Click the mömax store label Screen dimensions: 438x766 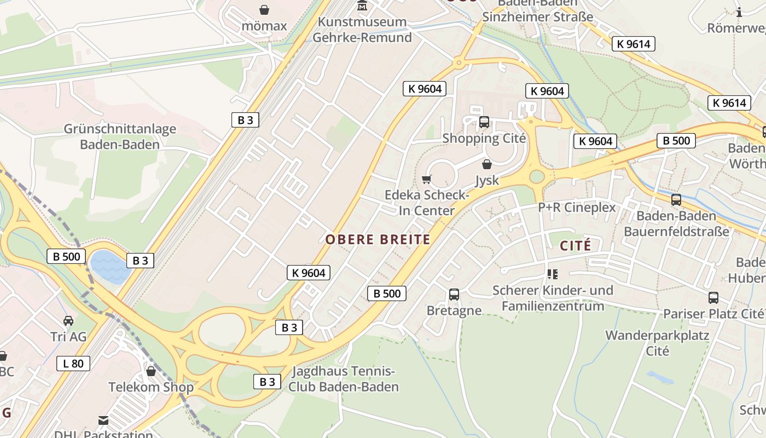pyautogui.click(x=264, y=26)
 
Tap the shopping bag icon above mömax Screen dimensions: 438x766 pyautogui.click(x=264, y=9)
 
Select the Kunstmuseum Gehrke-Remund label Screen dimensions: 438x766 pyautogui.click(x=362, y=30)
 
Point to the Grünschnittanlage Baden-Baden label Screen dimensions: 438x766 pyautogui.click(x=120, y=137)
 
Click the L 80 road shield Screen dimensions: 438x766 pyautogui.click(x=73, y=363)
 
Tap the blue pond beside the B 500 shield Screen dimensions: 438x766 pyautogui.click(x=111, y=266)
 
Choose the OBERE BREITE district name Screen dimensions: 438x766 pyautogui.click(x=378, y=239)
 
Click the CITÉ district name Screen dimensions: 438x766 pyautogui.click(x=575, y=246)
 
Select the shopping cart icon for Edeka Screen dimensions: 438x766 pyautogui.click(x=427, y=179)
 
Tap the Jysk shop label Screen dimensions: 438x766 pyautogui.click(x=487, y=180)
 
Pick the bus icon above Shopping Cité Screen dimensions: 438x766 pyautogui.click(x=484, y=122)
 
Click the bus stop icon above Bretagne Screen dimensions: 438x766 pyautogui.click(x=454, y=295)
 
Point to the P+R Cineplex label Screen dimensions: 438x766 pyautogui.click(x=577, y=208)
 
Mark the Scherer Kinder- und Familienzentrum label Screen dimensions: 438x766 pyautogui.click(x=553, y=298)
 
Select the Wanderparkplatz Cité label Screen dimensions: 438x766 pyautogui.click(x=657, y=343)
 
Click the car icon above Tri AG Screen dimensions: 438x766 pyautogui.click(x=68, y=320)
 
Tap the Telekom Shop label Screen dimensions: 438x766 pyautogui.click(x=151, y=387)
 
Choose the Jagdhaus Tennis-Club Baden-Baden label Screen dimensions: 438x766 pyautogui.click(x=344, y=379)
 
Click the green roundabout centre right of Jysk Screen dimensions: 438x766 pyautogui.click(x=537, y=176)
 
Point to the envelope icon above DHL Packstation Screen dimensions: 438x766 pyautogui.click(x=103, y=420)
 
